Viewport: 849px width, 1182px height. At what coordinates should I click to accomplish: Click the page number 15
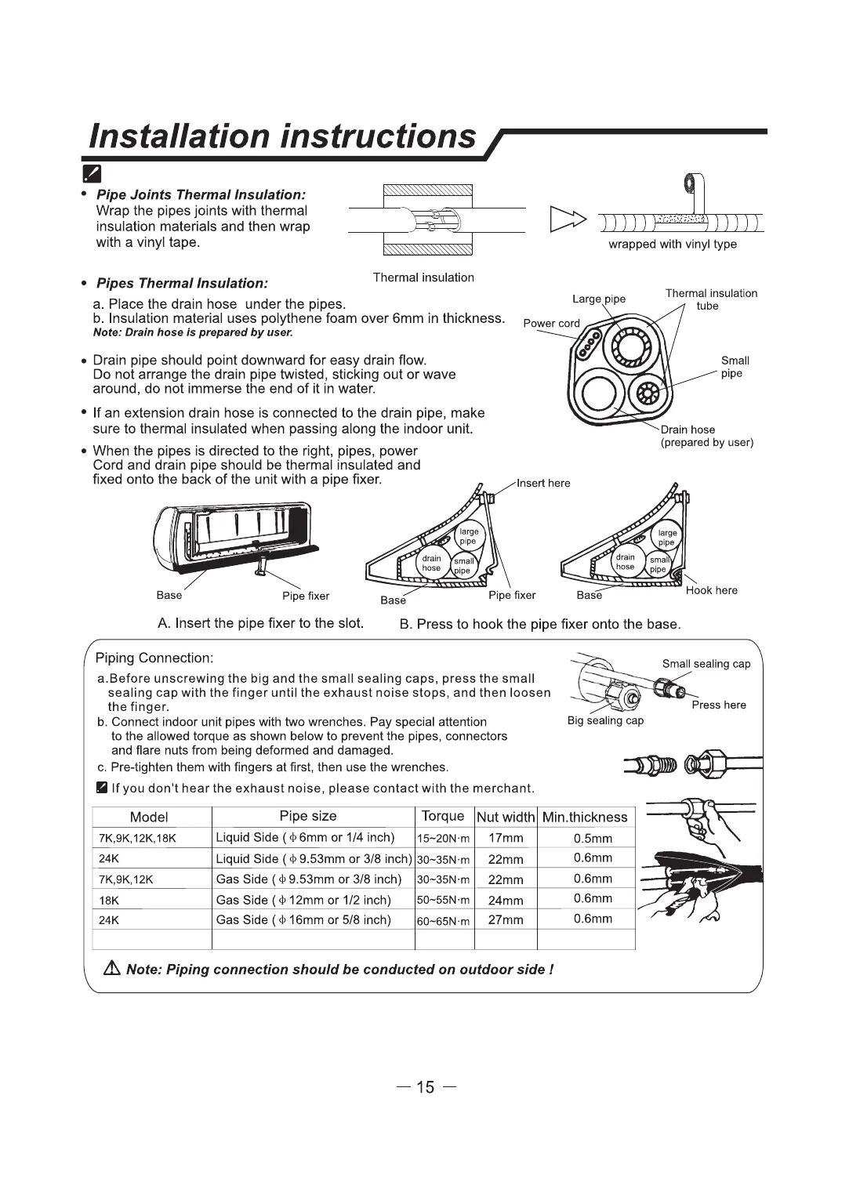[425, 1087]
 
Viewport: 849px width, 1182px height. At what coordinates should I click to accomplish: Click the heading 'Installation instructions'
[282, 136]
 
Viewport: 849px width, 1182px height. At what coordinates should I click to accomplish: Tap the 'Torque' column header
[443, 816]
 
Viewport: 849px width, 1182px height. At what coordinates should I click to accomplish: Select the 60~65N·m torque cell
[443, 921]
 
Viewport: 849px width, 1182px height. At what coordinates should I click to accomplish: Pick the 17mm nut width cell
[506, 838]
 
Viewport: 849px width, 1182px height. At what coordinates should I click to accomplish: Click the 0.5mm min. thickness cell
[593, 838]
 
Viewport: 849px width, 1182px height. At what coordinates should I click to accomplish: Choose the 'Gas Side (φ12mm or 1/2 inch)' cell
[303, 900]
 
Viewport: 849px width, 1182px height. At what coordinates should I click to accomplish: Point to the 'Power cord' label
[551, 323]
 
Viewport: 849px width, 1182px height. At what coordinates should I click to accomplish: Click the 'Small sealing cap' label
[706, 664]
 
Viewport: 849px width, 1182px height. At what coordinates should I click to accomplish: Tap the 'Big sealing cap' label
[605, 720]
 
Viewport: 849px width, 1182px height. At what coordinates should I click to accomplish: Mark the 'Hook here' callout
[711, 590]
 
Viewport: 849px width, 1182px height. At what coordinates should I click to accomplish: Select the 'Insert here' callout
[543, 483]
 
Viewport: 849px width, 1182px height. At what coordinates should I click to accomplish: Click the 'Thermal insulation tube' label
[710, 299]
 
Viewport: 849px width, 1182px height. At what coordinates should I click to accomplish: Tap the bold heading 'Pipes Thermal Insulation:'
[182, 283]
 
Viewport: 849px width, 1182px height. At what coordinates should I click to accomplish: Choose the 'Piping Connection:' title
[154, 658]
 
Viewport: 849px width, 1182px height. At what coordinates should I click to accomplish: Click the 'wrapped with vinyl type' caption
[673, 244]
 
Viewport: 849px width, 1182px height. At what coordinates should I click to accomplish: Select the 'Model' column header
[149, 817]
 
